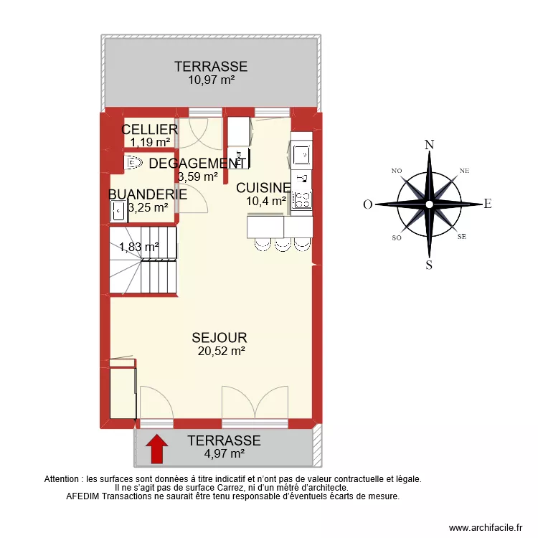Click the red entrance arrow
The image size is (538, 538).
pyautogui.click(x=156, y=450)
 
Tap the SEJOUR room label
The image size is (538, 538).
pyautogui.click(x=220, y=338)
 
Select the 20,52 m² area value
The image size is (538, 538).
pyautogui.click(x=222, y=351)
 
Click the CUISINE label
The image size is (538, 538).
pyautogui.click(x=263, y=188)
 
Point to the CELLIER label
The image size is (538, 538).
pyautogui.click(x=149, y=129)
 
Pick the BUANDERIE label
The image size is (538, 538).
pyautogui.click(x=148, y=194)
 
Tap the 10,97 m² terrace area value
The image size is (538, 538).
pyautogui.click(x=212, y=80)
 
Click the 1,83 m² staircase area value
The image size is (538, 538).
pyautogui.click(x=138, y=247)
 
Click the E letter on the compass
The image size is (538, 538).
pyautogui.click(x=488, y=204)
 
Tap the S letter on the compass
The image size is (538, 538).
pyautogui.click(x=429, y=265)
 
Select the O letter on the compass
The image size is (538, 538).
pyautogui.click(x=367, y=204)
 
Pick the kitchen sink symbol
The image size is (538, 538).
pyautogui.click(x=301, y=154)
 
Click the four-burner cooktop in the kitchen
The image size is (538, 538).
pyautogui.click(x=302, y=199)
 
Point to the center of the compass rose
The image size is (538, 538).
pyautogui.click(x=429, y=204)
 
